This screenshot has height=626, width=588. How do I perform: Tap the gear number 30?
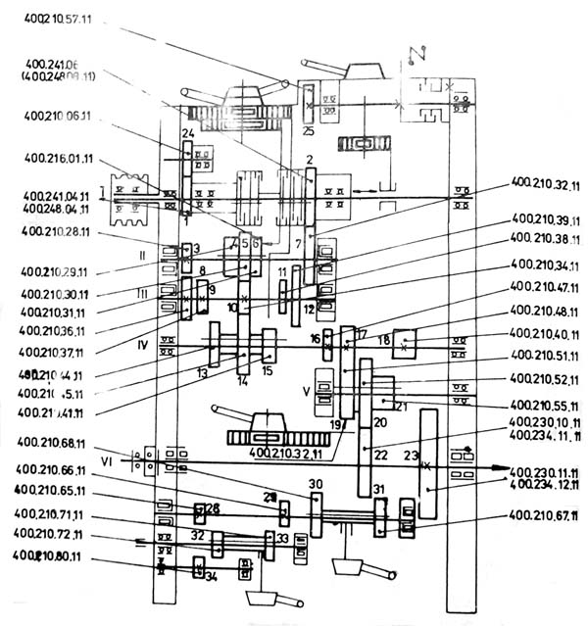tap(315, 484)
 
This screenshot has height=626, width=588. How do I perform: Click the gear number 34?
tap(211, 576)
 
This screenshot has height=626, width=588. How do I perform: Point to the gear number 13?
tap(202, 373)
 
